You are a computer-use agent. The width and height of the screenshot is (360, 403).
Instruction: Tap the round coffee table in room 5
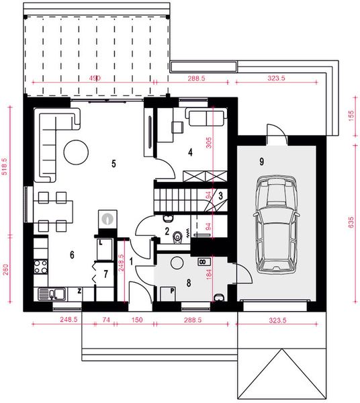(75, 151)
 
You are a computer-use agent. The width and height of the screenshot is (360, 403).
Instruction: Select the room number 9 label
(260, 162)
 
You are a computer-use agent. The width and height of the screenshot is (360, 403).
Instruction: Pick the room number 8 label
(189, 283)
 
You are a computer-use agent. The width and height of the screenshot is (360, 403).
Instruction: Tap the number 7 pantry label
(105, 274)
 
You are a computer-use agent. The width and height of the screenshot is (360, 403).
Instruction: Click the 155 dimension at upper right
(350, 115)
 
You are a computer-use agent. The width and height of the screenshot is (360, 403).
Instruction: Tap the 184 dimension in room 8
(209, 273)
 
